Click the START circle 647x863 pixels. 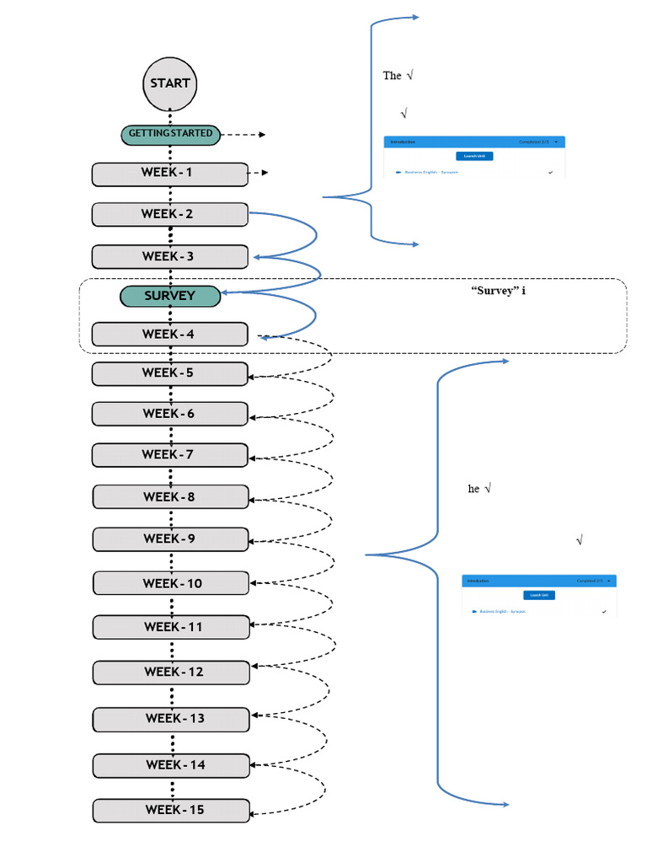pos(170,83)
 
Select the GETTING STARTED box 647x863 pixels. pos(170,133)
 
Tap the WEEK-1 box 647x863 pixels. pos(170,174)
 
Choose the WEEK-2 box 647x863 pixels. pos(170,214)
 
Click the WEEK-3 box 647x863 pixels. pos(170,256)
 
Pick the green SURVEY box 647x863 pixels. pos(170,296)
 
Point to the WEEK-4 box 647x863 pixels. pos(170,335)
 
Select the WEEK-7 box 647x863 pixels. pos(170,455)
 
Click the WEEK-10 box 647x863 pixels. pos(171,583)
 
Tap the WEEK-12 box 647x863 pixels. pos(171,673)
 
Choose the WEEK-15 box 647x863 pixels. pos(172,811)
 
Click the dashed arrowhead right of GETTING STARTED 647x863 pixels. pos(262,134)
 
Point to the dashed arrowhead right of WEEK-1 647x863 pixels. pos(265,174)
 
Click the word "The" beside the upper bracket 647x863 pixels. pos(392,76)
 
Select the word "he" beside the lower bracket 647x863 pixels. pos(473,489)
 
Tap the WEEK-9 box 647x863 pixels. pos(171,539)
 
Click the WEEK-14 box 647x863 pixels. pos(172,765)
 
